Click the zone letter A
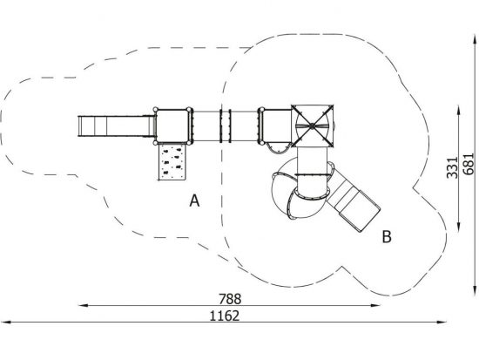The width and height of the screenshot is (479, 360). pyautogui.click(x=194, y=200)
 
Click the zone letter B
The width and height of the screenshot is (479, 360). pyautogui.click(x=387, y=236)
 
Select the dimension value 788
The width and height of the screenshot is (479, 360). pyautogui.click(x=230, y=299)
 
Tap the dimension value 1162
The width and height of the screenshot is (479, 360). pyautogui.click(x=225, y=316)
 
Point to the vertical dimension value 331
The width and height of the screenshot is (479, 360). pyautogui.click(x=452, y=167)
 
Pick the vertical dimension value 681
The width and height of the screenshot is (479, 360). pyautogui.click(x=469, y=164)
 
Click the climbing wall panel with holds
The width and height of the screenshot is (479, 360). pyautogui.click(x=172, y=162)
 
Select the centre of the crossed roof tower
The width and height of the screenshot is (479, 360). pyautogui.click(x=312, y=126)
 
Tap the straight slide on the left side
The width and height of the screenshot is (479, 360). pyautogui.click(x=117, y=126)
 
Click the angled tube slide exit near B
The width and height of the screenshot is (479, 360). pyautogui.click(x=354, y=204)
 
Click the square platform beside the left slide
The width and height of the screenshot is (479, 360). pyautogui.click(x=172, y=126)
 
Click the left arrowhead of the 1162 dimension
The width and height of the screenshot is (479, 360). pyautogui.click(x=5, y=322)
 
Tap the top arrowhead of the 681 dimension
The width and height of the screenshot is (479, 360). pyautogui.click(x=475, y=40)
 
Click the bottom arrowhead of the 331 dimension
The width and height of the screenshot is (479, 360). pyautogui.click(x=458, y=227)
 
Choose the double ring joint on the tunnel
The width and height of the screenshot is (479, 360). pyautogui.click(x=226, y=126)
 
